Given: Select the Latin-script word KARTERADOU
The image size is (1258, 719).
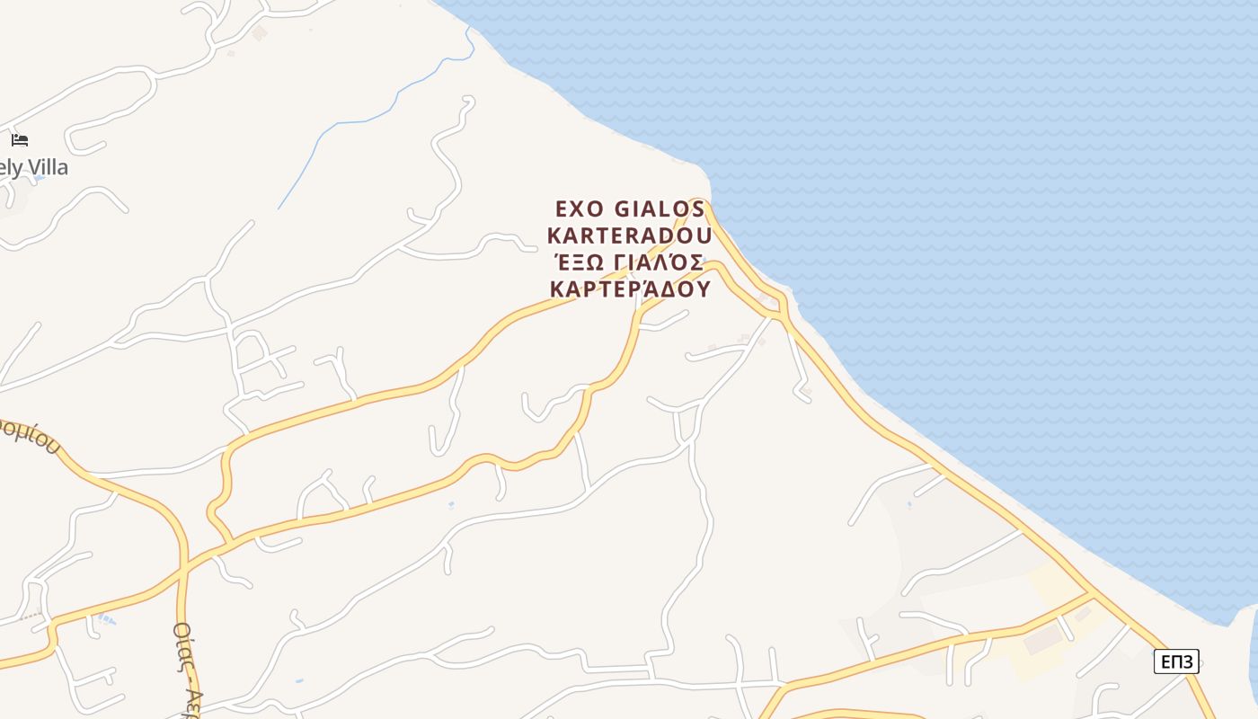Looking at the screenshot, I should click(x=629, y=235).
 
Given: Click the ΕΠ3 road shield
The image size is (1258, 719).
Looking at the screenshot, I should click(x=1176, y=662).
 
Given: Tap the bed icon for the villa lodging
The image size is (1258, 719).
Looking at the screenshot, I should click(x=20, y=140).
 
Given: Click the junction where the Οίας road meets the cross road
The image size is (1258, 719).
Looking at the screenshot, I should click(x=183, y=569).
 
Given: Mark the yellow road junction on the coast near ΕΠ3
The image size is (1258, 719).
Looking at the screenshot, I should click(x=1093, y=594).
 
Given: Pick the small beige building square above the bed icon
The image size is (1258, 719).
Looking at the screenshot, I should click(x=260, y=33).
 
